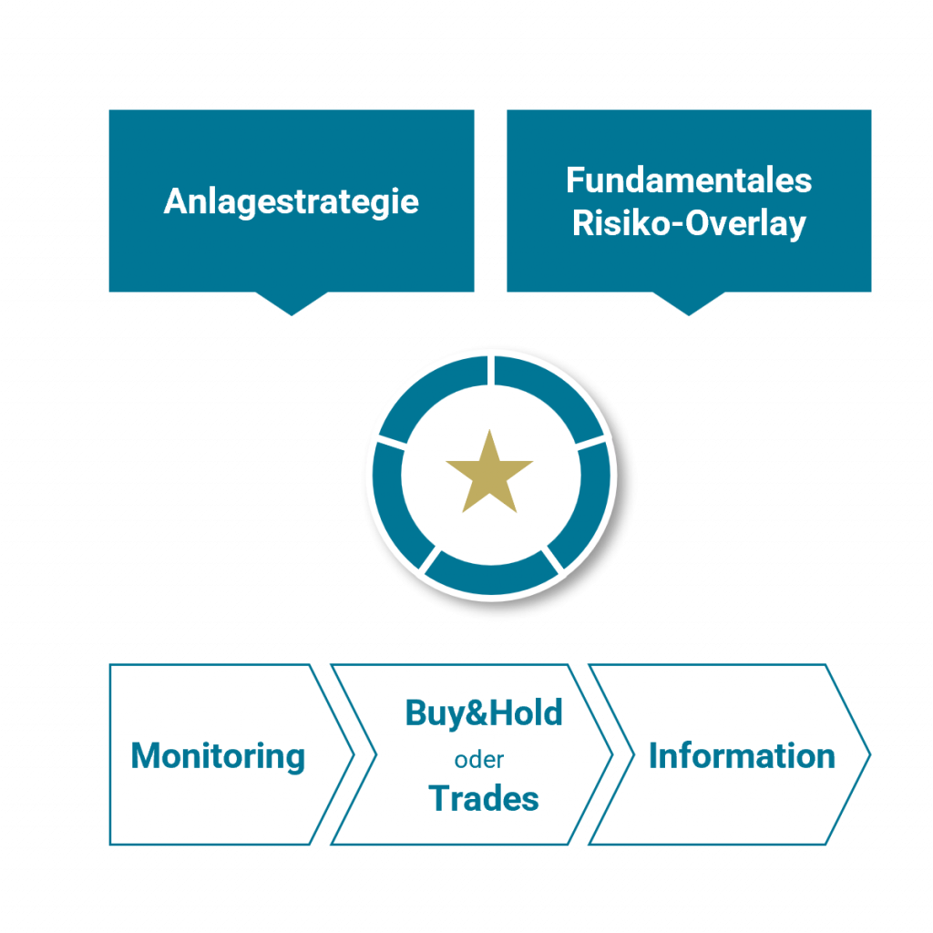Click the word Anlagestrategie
(291, 200)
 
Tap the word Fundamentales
(689, 179)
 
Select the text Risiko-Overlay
(689, 223)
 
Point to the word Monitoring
(218, 755)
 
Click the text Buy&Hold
(484, 713)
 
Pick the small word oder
(479, 759)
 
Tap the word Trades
(484, 798)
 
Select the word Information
(742, 755)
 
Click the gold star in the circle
(489, 473)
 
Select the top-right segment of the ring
(549, 392)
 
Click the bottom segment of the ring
(490, 575)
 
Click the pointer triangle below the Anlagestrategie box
(292, 303)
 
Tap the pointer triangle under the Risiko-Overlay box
(689, 303)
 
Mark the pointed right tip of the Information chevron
(866, 754)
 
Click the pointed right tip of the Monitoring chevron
(350, 754)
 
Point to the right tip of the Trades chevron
(608, 754)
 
